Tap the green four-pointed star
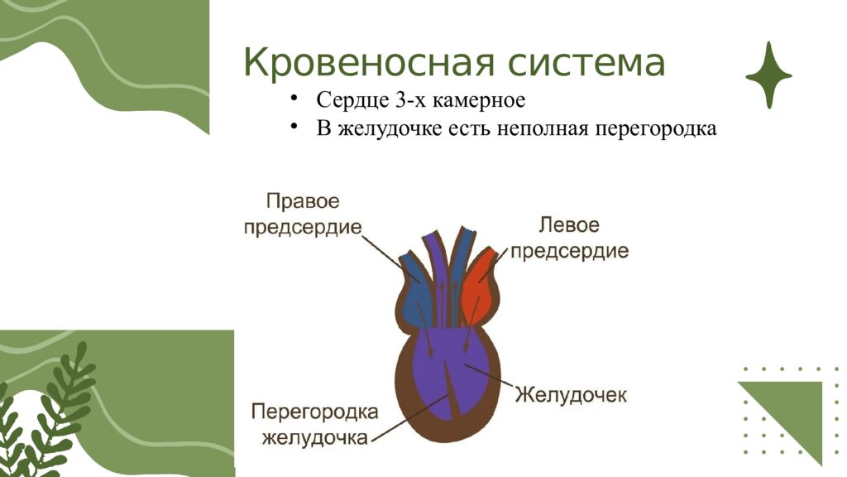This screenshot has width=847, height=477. click(768, 75)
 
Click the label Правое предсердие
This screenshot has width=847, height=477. click(303, 214)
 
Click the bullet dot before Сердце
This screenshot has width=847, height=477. click(294, 100)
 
